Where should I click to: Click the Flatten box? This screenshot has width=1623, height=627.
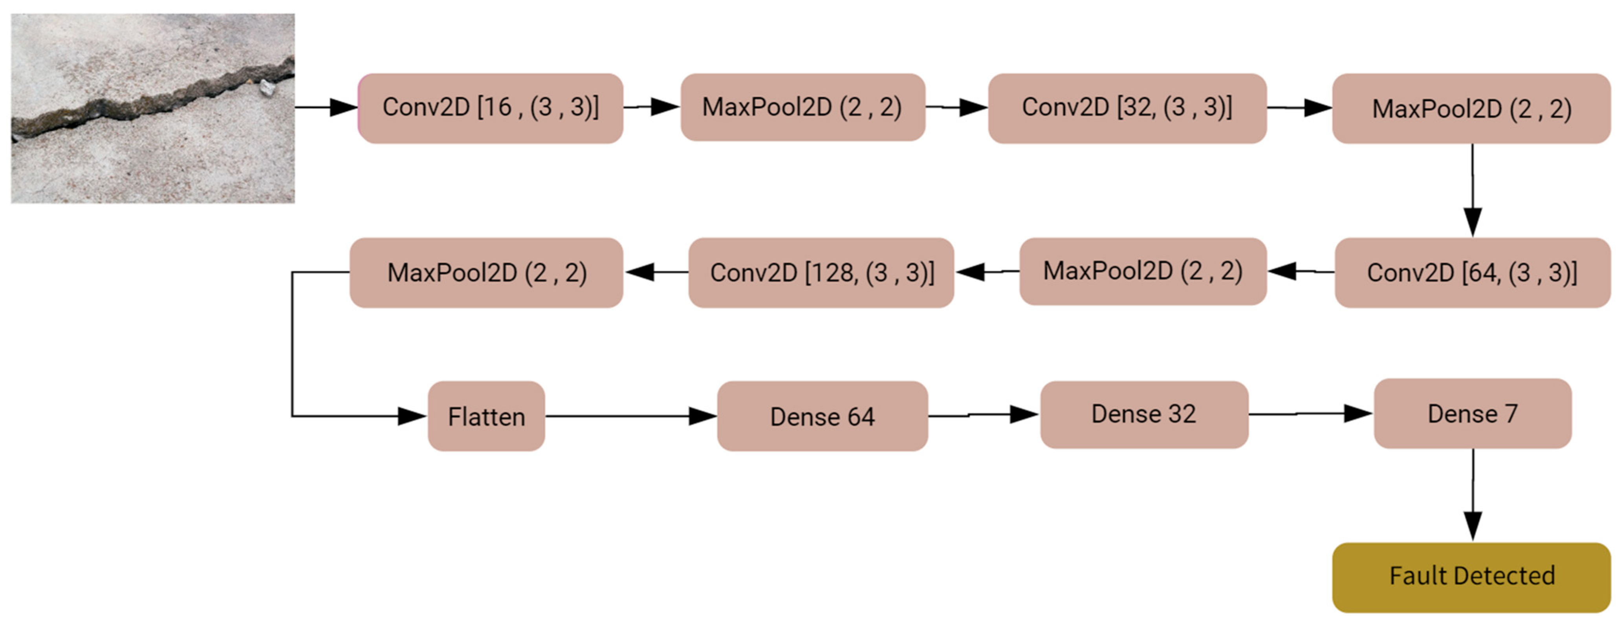point(486,416)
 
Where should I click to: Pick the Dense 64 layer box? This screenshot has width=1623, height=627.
point(822,416)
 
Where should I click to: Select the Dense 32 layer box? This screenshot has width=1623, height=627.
point(1143,414)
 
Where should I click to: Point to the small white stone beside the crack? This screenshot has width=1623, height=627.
point(267,88)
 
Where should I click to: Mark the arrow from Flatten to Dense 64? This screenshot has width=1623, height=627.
point(630,416)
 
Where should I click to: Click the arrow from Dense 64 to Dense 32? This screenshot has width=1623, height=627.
point(983,414)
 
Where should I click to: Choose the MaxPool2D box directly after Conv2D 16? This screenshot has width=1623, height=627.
point(802,107)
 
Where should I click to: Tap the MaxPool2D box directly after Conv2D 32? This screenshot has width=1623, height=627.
point(1471,108)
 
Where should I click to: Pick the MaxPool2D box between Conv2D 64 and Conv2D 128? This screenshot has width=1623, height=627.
point(1142,271)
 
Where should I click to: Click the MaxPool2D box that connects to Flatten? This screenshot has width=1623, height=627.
point(486,272)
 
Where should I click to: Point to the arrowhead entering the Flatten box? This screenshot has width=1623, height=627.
point(413,416)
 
